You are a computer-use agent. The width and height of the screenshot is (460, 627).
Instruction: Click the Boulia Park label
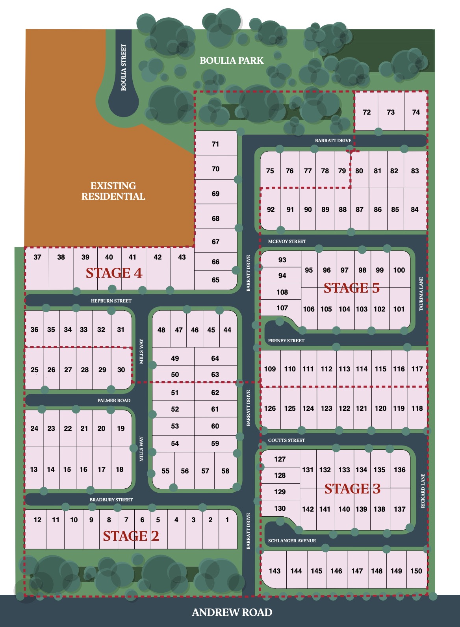(x=232, y=61)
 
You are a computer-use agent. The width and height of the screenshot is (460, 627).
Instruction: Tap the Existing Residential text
(x=113, y=191)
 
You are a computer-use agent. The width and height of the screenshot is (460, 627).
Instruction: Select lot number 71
(x=215, y=144)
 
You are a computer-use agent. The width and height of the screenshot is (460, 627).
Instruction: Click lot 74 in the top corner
(x=416, y=112)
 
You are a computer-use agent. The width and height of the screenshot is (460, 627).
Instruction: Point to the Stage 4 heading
(x=114, y=273)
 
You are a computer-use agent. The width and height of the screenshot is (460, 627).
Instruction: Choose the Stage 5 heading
(x=351, y=288)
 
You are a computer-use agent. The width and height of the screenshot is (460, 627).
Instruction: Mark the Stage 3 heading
(x=352, y=489)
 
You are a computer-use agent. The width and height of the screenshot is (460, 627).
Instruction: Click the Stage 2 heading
(x=131, y=536)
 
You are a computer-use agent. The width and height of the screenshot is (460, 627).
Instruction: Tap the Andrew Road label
(x=232, y=612)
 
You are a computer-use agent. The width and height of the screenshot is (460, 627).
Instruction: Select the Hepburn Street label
(x=111, y=301)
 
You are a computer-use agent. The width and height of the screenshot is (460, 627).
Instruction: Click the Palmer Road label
(x=114, y=401)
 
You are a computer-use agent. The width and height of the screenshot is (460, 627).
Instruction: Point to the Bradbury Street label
(x=111, y=500)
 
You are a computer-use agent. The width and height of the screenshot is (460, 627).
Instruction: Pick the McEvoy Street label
(x=287, y=241)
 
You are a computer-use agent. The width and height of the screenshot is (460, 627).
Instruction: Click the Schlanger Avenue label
(x=292, y=541)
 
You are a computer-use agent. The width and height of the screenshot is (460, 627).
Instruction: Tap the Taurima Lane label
(x=421, y=294)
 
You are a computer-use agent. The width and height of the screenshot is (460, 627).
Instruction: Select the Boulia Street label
(x=124, y=67)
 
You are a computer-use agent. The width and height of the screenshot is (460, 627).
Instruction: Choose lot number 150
(x=416, y=571)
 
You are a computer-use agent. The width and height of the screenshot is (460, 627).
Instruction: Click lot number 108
(x=282, y=292)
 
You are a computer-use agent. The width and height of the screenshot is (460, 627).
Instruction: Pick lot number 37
(x=37, y=257)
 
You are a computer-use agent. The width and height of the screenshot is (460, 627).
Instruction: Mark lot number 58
(x=225, y=471)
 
